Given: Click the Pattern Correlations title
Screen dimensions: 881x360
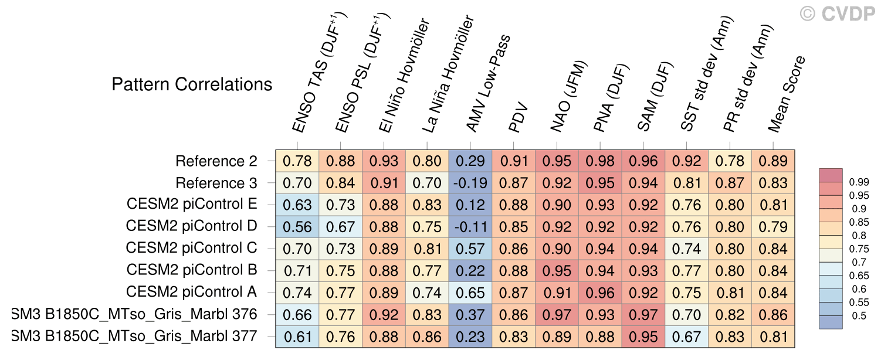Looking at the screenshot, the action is tap(192, 84).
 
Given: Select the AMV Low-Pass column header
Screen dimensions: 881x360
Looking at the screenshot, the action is tap(488, 83).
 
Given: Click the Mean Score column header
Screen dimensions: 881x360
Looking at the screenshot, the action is tap(787, 94).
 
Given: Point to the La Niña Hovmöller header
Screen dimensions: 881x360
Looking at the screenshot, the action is tap(448, 74).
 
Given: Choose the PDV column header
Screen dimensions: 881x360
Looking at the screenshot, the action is tap(517, 117).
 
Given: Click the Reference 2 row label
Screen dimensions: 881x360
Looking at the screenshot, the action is tap(216, 161).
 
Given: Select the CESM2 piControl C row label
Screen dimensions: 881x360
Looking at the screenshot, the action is tap(192, 248).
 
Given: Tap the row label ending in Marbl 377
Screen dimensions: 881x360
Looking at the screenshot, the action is tap(134, 336).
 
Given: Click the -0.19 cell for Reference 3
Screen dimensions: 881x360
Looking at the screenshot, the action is tap(470, 183).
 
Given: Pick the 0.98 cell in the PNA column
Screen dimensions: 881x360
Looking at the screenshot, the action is tap(600, 161).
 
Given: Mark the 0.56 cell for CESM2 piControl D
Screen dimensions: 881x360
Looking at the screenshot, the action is tap(297, 227).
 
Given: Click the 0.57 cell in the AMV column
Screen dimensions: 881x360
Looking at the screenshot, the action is tap(470, 249).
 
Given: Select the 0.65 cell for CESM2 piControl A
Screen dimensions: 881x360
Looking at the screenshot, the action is tap(470, 293).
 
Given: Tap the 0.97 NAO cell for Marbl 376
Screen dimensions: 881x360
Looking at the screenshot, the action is tap(557, 315).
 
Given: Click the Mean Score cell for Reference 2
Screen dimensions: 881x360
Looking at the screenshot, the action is tap(773, 161).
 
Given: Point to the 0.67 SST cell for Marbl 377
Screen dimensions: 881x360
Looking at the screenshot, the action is tap(687, 337).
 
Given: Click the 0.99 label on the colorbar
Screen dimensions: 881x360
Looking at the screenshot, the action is tap(859, 182).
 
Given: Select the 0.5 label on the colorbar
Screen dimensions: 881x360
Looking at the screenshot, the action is tap(859, 315).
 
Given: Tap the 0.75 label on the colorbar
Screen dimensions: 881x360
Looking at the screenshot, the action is tap(859, 249).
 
